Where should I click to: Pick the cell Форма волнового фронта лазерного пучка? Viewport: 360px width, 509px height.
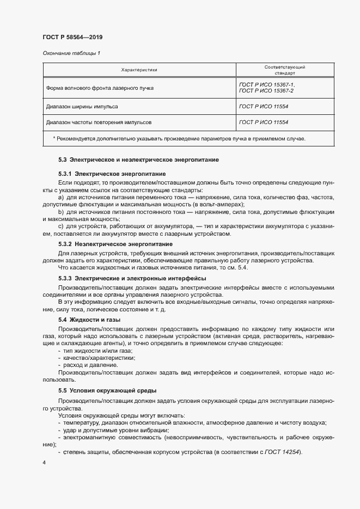[x=100, y=87]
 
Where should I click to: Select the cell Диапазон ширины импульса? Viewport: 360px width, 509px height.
[x=82, y=107]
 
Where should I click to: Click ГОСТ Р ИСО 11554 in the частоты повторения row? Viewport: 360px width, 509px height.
[x=263, y=122]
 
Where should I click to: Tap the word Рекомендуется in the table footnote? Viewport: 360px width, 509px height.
[x=76, y=138]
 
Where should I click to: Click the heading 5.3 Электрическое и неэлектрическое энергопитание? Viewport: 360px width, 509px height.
[x=138, y=160]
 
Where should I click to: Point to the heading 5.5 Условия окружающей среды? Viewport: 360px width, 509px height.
[x=107, y=390]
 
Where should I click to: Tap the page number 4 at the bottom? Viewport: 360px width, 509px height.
[x=44, y=462]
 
